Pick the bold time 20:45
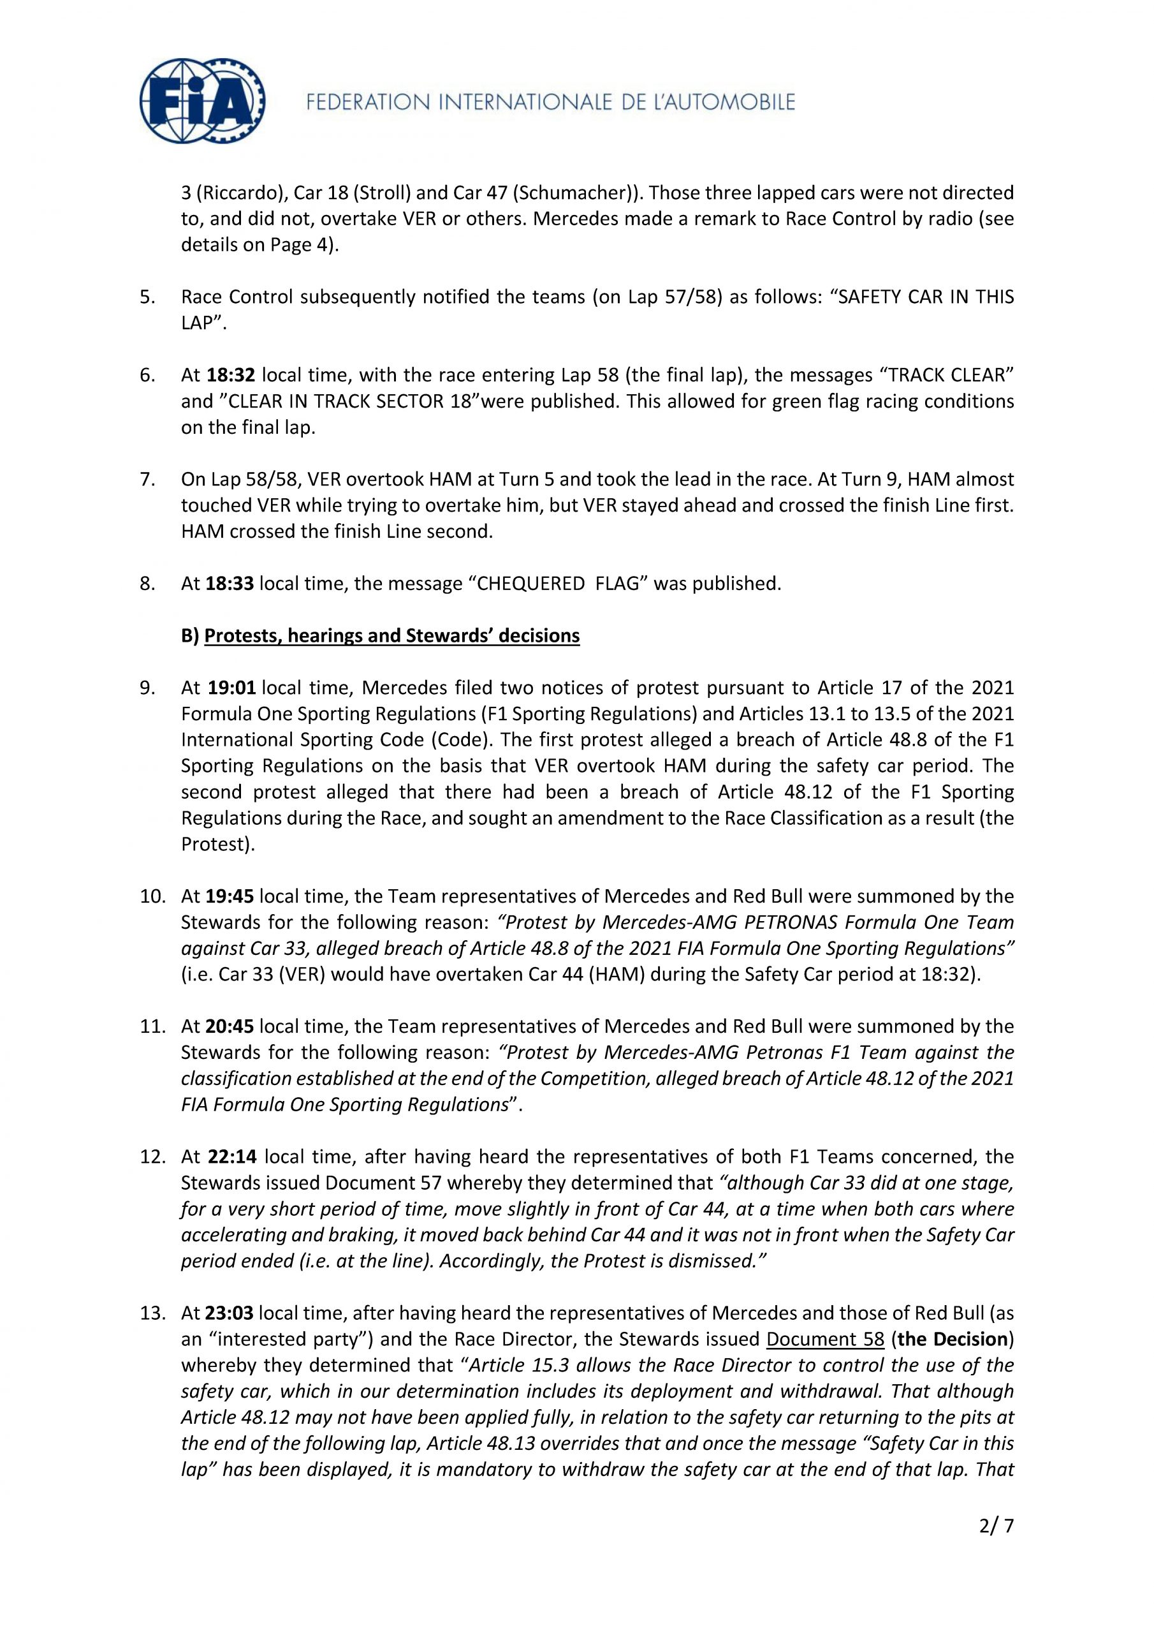click(x=230, y=1026)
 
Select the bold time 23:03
click(x=230, y=1313)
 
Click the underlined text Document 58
click(x=825, y=1340)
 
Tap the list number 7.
click(x=147, y=479)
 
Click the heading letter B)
click(x=190, y=635)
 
